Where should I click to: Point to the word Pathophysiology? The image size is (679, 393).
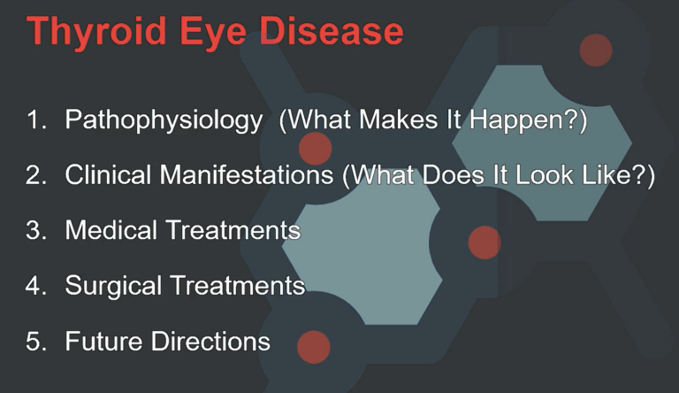(164, 120)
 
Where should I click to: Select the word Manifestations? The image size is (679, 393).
(248, 175)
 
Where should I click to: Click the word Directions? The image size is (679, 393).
(210, 341)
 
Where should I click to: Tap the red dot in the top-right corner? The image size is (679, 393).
(595, 50)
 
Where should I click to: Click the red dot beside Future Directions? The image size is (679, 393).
(313, 346)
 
